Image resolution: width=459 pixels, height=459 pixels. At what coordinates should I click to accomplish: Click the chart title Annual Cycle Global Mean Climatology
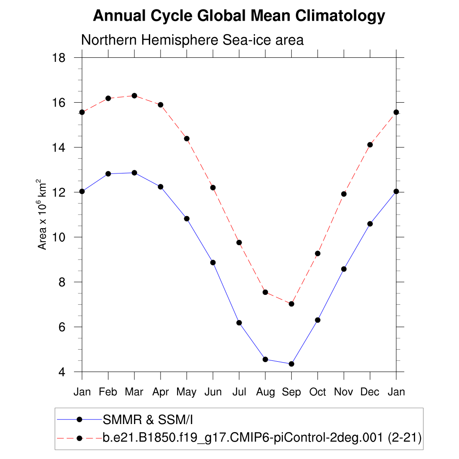click(238, 16)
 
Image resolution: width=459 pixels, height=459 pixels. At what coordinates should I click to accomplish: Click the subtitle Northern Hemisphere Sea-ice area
click(192, 40)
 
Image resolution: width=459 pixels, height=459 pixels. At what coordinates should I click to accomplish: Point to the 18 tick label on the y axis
click(59, 58)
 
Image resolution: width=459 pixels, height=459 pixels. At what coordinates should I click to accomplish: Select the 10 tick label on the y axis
click(59, 237)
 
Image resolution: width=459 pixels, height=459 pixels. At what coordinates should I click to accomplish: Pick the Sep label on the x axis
click(291, 392)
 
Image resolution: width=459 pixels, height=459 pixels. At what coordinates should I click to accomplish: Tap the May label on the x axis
click(186, 392)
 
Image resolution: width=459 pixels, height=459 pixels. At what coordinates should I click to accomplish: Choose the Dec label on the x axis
click(370, 392)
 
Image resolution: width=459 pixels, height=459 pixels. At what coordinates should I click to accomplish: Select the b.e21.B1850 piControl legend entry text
click(262, 438)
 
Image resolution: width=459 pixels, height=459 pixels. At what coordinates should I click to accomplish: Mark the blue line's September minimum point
click(291, 364)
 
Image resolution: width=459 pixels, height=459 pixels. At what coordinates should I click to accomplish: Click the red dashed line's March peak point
click(134, 95)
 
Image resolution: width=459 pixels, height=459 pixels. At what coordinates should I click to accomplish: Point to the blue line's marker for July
click(239, 323)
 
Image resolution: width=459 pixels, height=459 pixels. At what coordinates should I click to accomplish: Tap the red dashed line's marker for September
click(291, 304)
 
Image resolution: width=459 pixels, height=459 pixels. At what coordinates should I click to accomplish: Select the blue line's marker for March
click(134, 173)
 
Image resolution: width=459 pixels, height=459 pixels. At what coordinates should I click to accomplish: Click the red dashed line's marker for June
click(213, 187)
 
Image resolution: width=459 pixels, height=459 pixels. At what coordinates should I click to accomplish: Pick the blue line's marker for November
click(344, 269)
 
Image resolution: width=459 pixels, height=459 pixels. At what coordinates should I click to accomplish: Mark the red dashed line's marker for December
click(370, 145)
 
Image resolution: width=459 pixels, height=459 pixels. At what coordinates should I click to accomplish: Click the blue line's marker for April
click(160, 186)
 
